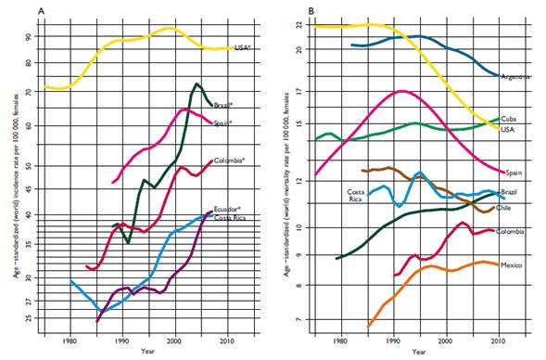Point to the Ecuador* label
pyautogui.click(x=227, y=209)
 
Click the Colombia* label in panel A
pyautogui.click(x=230, y=161)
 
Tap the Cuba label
pyautogui.click(x=509, y=120)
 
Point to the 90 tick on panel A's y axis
pyautogui.click(x=52, y=37)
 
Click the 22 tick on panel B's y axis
pyautogui.click(x=299, y=25)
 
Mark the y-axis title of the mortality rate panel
pyautogui.click(x=286, y=176)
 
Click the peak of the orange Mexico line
pyautogui.click(x=483, y=262)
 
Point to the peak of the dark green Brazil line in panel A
pyautogui.click(x=197, y=84)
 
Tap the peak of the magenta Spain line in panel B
pyautogui.click(x=400, y=91)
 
